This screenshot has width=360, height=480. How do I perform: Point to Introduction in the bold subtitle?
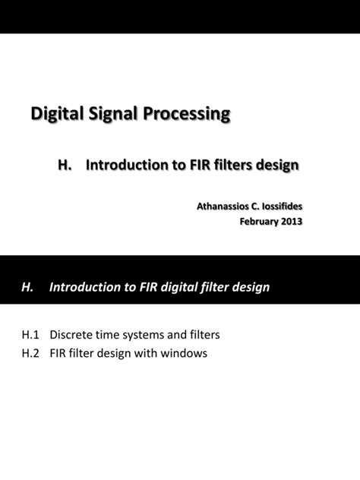pos(128,165)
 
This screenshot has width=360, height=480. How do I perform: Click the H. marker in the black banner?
pos(28,288)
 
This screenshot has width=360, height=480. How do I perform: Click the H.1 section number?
pos(29,334)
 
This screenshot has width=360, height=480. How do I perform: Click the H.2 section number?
pos(29,353)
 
